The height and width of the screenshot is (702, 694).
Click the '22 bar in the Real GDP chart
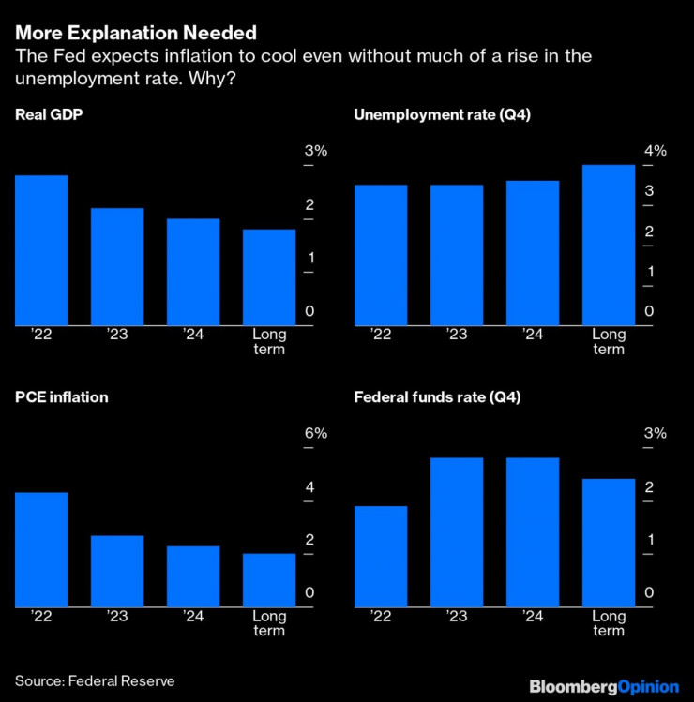(x=41, y=250)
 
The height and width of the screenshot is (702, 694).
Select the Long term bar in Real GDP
(x=269, y=277)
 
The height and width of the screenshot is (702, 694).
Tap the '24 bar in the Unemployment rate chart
(x=533, y=253)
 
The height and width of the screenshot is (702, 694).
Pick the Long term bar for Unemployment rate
(x=609, y=246)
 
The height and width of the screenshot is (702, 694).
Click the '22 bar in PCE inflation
(x=41, y=549)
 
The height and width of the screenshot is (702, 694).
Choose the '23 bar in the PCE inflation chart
(x=117, y=571)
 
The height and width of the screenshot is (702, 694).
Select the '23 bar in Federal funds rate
(x=457, y=532)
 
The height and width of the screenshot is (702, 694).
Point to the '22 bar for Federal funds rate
(x=381, y=556)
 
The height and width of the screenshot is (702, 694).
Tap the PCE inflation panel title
(x=61, y=397)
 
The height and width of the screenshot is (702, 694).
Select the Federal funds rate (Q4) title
(x=437, y=397)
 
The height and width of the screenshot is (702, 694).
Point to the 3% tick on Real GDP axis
(x=315, y=151)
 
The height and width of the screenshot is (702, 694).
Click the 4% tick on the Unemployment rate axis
(x=655, y=151)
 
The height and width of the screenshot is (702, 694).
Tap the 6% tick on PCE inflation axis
(x=315, y=433)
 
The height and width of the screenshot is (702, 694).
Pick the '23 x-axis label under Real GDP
(x=117, y=335)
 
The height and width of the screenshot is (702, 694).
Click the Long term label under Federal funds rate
(x=609, y=623)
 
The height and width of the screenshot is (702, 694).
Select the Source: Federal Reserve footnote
(x=95, y=681)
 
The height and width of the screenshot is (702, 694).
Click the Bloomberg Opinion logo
(x=604, y=687)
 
